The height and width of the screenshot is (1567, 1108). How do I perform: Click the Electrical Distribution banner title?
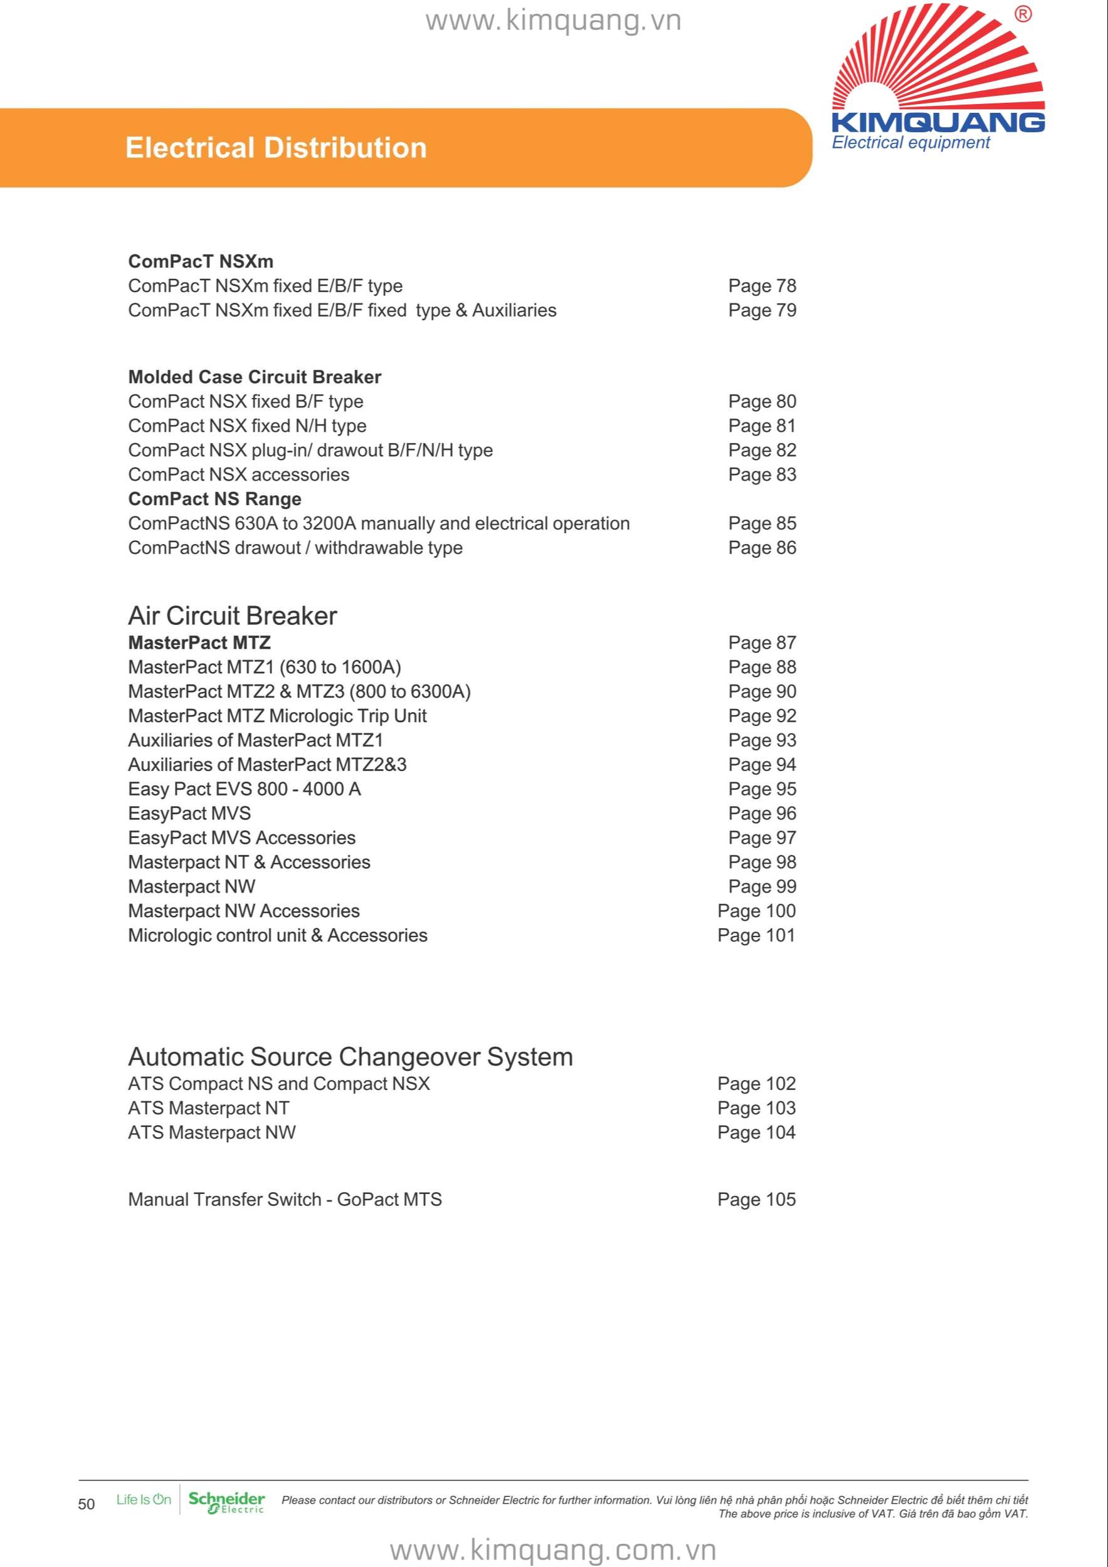(276, 148)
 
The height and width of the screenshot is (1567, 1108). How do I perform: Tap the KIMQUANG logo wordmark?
(938, 123)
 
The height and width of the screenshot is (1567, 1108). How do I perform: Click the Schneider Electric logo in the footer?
(226, 1503)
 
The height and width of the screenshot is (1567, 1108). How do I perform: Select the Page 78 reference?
(762, 286)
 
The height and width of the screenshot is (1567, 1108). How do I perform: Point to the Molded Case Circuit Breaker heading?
(255, 377)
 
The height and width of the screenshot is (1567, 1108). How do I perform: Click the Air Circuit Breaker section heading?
(232, 616)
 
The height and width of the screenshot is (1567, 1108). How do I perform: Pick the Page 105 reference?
(756, 1200)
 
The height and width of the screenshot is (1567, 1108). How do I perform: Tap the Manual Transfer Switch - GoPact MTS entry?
(285, 1200)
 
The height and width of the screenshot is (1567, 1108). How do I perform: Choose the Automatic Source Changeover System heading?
(351, 1057)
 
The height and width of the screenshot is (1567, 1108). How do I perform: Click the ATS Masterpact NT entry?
(208, 1108)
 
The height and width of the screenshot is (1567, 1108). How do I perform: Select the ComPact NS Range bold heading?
(214, 500)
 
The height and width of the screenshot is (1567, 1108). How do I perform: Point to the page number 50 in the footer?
(87, 1504)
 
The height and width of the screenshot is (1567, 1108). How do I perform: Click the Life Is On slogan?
(144, 1500)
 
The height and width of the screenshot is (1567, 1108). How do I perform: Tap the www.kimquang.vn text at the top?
(553, 21)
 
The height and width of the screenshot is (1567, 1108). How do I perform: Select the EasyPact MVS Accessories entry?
(241, 838)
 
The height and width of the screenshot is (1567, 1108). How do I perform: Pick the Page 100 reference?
(756, 911)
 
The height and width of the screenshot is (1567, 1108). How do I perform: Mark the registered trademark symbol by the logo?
(1023, 14)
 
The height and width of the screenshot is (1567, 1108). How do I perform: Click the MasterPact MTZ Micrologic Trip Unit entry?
(277, 716)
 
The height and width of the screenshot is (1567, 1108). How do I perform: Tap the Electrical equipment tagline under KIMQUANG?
(910, 143)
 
